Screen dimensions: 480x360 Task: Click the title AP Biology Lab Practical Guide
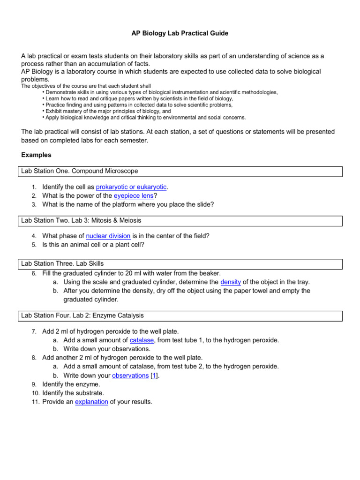pos(180,34)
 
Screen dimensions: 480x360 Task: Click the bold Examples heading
pos(37,155)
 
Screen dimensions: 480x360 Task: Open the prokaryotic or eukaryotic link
pos(131,187)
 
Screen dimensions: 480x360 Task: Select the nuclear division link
pos(108,236)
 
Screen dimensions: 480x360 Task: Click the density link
pos(230,282)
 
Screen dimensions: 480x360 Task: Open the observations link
pos(130,375)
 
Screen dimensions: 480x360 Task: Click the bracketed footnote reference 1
pos(154,375)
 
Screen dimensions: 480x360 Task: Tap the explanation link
pos(91,402)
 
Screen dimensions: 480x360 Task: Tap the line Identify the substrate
pos(73,393)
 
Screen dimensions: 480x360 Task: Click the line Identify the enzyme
pos(71,384)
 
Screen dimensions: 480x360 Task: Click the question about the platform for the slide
pos(127,204)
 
